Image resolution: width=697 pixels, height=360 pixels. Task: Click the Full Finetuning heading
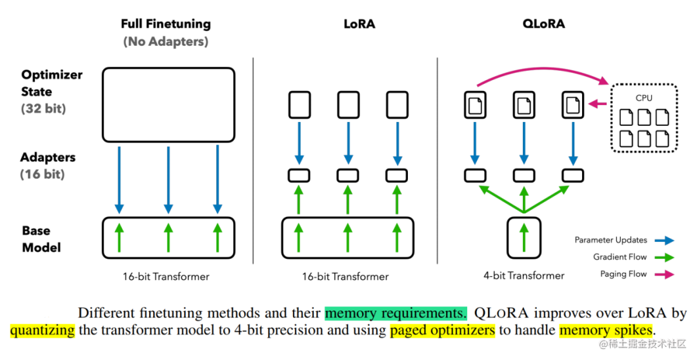point(166,24)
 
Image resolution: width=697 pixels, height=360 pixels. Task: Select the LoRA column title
point(359,25)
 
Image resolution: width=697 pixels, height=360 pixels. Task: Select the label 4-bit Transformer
point(523,275)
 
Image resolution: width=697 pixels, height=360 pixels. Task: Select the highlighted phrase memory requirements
point(396,314)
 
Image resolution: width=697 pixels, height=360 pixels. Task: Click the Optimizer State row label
point(52,83)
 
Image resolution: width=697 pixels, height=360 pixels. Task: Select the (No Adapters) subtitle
point(165,42)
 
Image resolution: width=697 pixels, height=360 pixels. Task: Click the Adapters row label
point(48,157)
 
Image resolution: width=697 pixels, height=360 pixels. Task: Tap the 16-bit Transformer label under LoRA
point(347,276)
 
